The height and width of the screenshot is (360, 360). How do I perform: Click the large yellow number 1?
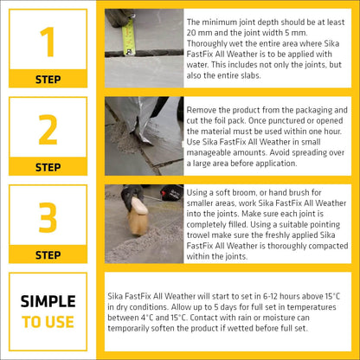[x=48, y=42]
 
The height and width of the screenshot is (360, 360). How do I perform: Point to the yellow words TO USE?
[x=48, y=322]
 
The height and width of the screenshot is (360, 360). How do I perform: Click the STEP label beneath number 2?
[x=48, y=167]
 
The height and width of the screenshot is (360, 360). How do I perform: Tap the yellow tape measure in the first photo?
[x=129, y=35]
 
